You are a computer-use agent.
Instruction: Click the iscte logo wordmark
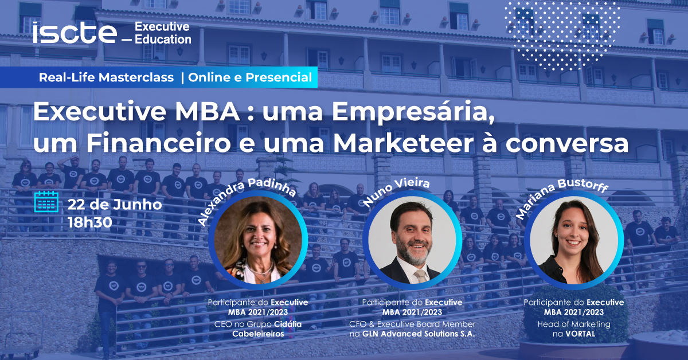(75, 33)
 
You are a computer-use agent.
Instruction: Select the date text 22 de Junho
(115, 205)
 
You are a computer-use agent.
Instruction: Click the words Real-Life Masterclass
(106, 77)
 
